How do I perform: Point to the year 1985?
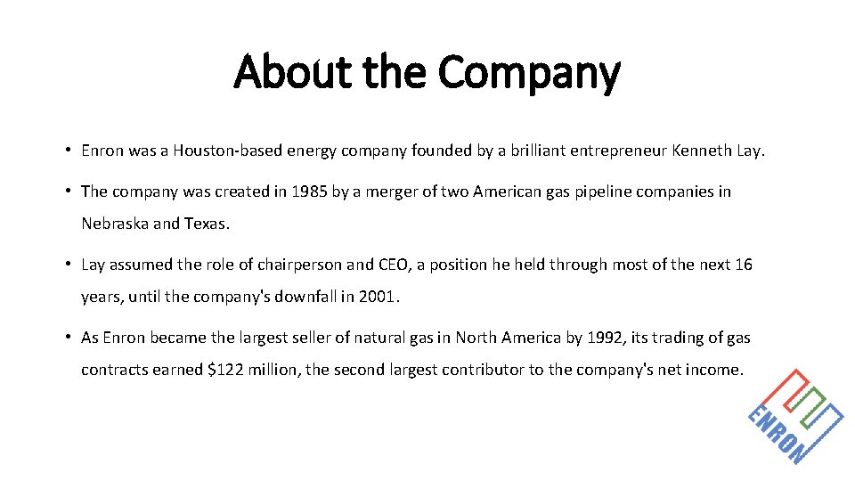pyautogui.click(x=310, y=192)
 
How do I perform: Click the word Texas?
pyautogui.click(x=206, y=224)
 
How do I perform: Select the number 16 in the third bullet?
pyautogui.click(x=743, y=265)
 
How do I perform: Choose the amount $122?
pyautogui.click(x=227, y=370)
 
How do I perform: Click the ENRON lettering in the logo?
pyautogui.click(x=773, y=434)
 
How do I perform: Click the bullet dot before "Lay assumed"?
pyautogui.click(x=68, y=265)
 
